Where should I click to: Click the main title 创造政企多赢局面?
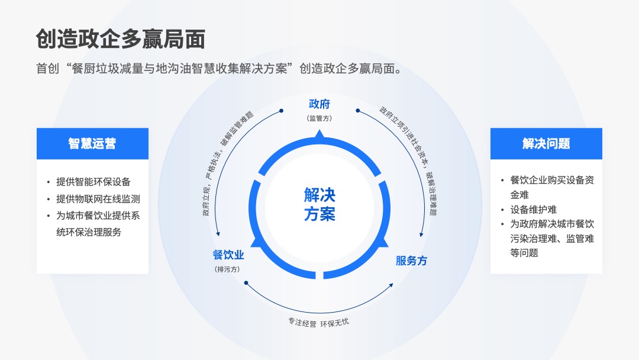(x=121, y=39)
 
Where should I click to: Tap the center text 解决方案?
(x=319, y=205)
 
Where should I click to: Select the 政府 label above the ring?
(x=319, y=104)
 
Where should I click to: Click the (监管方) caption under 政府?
(x=319, y=118)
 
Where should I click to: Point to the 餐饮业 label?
(x=228, y=255)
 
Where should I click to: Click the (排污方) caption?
(x=227, y=269)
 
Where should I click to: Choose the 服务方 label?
(x=411, y=261)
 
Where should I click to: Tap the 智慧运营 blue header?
(x=92, y=143)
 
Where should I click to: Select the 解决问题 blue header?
(x=546, y=143)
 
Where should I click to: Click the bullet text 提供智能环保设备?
(x=93, y=182)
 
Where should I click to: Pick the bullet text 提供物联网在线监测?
(x=98, y=199)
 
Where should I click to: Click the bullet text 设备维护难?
(x=534, y=210)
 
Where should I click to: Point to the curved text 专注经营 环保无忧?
(x=319, y=323)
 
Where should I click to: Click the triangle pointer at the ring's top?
(x=319, y=134)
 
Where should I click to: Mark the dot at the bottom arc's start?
(x=246, y=283)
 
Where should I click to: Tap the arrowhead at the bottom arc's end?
(x=391, y=285)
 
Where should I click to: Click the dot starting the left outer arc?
(x=281, y=111)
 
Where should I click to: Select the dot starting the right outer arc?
(x=358, y=111)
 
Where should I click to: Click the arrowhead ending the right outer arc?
(x=421, y=234)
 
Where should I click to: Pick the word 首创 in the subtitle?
(x=48, y=69)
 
